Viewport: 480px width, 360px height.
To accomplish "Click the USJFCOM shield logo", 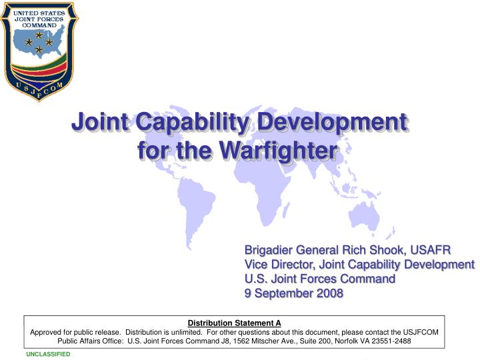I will pos(39,50).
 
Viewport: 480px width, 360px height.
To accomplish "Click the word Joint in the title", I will pos(101,123).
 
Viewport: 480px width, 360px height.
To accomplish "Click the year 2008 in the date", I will pos(329,293).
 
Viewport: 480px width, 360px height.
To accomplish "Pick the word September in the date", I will pos(285,293).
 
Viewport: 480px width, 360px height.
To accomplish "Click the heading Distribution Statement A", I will pos(234,323).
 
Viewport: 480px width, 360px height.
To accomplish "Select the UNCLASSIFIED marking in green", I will pos(48,354).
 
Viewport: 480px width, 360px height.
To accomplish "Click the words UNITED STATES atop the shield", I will pos(39,14).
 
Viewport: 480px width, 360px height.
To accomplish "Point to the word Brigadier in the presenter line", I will pos(271,250).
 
